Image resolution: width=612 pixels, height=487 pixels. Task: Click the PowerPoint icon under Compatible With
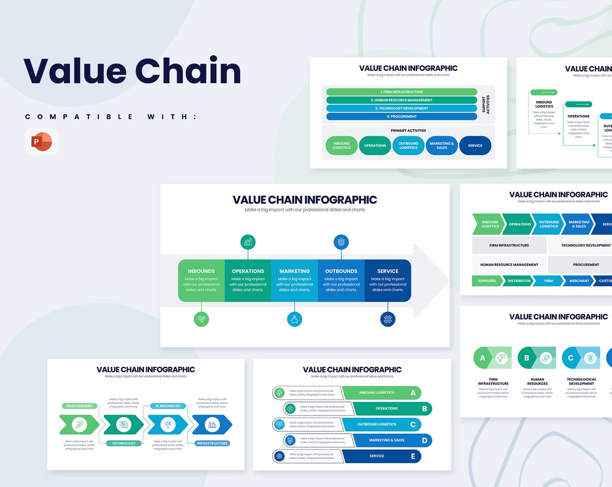[x=41, y=141]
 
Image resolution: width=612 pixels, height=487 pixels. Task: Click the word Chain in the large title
[x=188, y=71]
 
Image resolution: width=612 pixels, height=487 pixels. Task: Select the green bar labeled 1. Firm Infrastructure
[x=401, y=92]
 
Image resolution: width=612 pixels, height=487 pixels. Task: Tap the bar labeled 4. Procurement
[x=401, y=116]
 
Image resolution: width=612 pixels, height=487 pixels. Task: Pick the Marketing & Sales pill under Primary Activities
[x=441, y=145]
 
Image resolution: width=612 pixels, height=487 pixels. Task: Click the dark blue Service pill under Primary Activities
[x=475, y=145]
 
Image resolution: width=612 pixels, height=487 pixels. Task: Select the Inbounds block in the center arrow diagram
[x=201, y=280]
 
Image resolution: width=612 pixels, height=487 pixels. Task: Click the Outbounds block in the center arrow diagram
[x=341, y=280]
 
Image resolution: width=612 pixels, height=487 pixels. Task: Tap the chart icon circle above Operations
[x=248, y=242]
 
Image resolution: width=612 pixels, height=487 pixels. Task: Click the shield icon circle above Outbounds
[x=341, y=242]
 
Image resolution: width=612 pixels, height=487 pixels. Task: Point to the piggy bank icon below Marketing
[x=295, y=319]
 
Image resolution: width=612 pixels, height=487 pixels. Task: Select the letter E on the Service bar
[x=413, y=456]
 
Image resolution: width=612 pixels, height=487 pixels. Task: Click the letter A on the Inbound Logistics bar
[x=413, y=392]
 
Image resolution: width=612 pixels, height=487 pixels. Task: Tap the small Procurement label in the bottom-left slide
[x=79, y=406]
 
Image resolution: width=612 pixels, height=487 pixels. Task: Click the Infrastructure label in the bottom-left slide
[x=212, y=443]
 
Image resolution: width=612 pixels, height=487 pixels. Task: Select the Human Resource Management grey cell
[x=509, y=265]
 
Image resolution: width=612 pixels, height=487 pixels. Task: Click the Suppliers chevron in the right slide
[x=486, y=281]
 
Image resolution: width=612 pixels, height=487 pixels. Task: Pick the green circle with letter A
[x=483, y=358]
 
